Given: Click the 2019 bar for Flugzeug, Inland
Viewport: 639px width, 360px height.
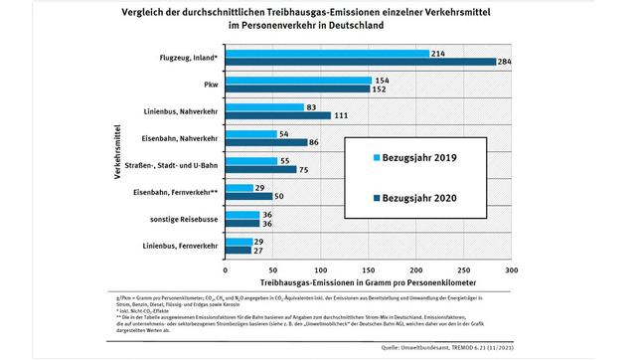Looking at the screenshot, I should click(328, 53).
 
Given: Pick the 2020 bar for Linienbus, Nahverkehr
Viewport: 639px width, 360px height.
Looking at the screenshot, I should click(278, 116).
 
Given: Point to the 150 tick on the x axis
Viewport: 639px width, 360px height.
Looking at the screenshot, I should click(369, 269).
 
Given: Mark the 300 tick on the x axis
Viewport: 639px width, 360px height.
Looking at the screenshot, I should click(512, 269).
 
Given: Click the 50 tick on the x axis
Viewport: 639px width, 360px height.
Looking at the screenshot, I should click(273, 269).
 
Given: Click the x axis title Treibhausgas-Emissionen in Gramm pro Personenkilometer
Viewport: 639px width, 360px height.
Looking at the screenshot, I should click(368, 282).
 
